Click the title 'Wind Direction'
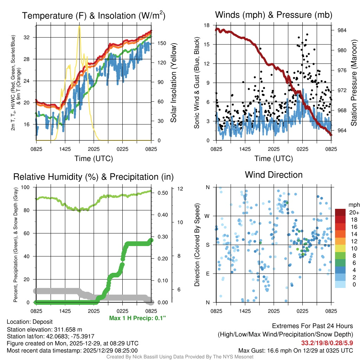point(274,175)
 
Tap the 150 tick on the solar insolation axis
point(161,43)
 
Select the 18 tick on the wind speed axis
point(207,25)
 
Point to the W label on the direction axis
point(208,216)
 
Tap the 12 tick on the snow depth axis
point(180,189)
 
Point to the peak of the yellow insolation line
point(79,26)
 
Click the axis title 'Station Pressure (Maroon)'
point(354,83)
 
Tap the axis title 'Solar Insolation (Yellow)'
point(173,83)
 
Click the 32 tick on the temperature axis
point(30,37)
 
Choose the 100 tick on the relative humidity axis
point(28,187)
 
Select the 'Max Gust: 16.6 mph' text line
point(296,350)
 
